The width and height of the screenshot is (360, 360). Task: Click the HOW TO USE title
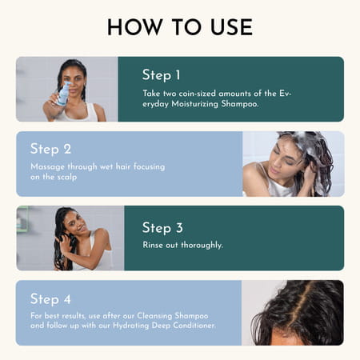(179, 26)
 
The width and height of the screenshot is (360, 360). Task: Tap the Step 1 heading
(161, 75)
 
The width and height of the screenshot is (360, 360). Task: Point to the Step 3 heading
(162, 228)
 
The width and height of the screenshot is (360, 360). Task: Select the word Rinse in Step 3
(154, 245)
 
